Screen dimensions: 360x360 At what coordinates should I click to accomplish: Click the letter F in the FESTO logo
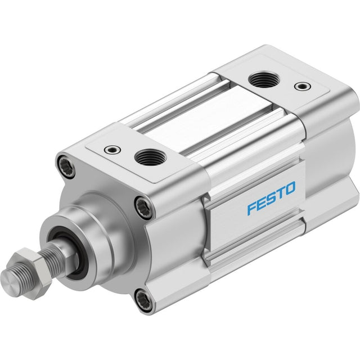[x=253, y=208]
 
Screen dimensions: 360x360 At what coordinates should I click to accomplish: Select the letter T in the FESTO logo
[x=281, y=193]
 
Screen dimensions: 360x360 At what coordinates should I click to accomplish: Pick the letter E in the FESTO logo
[x=263, y=202]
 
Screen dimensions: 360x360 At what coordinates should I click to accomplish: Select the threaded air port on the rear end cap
[x=264, y=79]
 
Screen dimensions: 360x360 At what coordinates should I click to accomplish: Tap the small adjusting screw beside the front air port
[x=112, y=150]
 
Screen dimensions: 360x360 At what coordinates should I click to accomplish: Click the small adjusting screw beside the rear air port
[x=303, y=86]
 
